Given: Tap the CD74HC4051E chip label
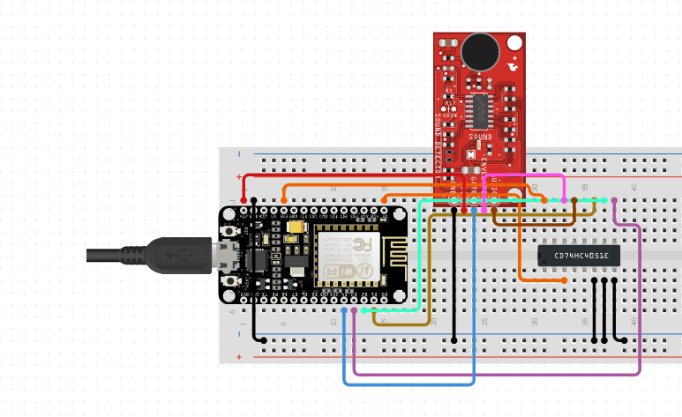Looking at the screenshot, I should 580,256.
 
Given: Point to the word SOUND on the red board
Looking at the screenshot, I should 481,138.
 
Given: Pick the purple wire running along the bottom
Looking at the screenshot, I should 494,374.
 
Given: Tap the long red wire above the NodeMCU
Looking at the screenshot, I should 353,175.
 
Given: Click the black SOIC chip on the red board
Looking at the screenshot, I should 481,110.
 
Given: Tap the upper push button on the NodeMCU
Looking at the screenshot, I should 232,231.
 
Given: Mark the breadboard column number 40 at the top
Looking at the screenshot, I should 634,187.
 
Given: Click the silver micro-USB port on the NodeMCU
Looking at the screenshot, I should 220,256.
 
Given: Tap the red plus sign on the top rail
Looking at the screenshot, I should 239,177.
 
